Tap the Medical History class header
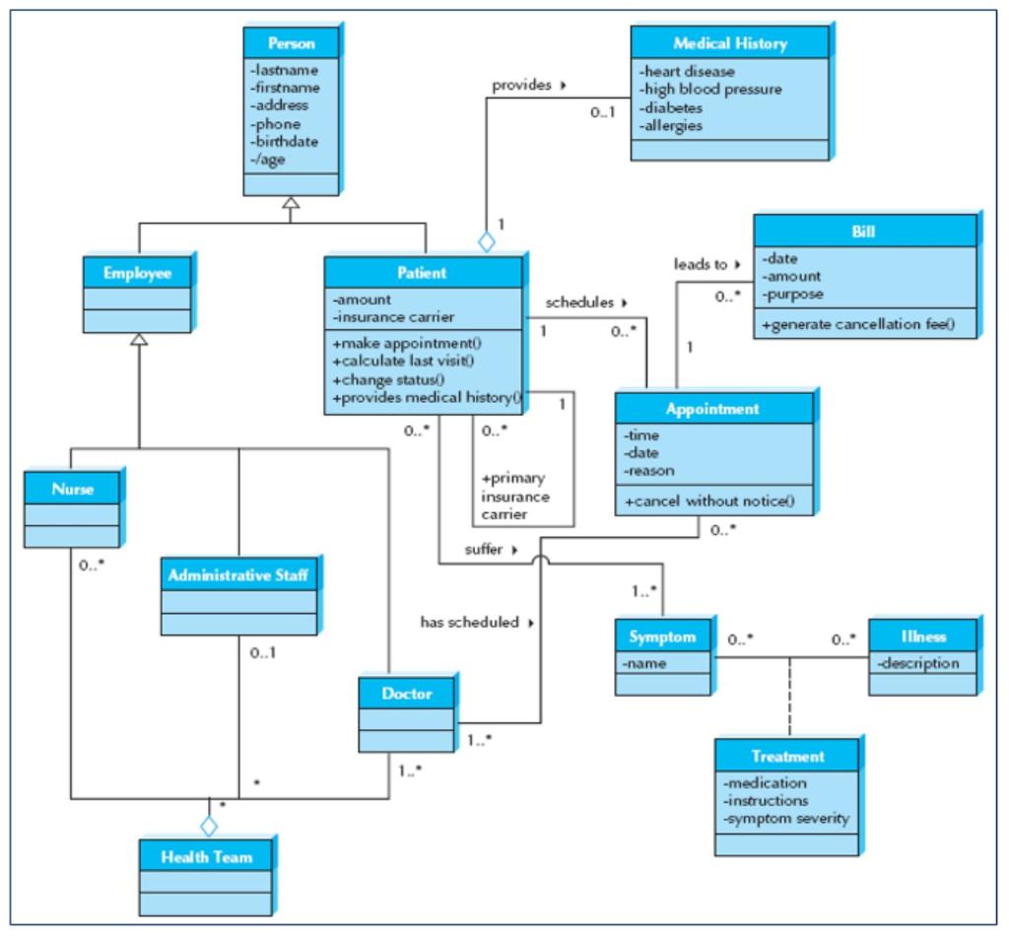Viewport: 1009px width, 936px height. pyautogui.click(x=730, y=44)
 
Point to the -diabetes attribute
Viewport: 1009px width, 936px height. pyautogui.click(x=672, y=108)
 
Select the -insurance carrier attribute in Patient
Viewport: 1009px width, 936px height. pyautogui.click(x=394, y=316)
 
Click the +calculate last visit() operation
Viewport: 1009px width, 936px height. pyautogui.click(x=404, y=362)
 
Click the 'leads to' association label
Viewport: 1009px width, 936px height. pyautogui.click(x=700, y=264)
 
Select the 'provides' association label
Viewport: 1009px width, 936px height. pyautogui.click(x=523, y=86)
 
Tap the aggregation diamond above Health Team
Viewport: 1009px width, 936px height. pyautogui.click(x=208, y=825)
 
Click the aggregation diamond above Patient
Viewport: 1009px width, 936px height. pyautogui.click(x=485, y=239)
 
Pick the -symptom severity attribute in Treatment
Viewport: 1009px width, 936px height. pyautogui.click(x=786, y=819)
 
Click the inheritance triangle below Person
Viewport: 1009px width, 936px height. pyautogui.click(x=290, y=203)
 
